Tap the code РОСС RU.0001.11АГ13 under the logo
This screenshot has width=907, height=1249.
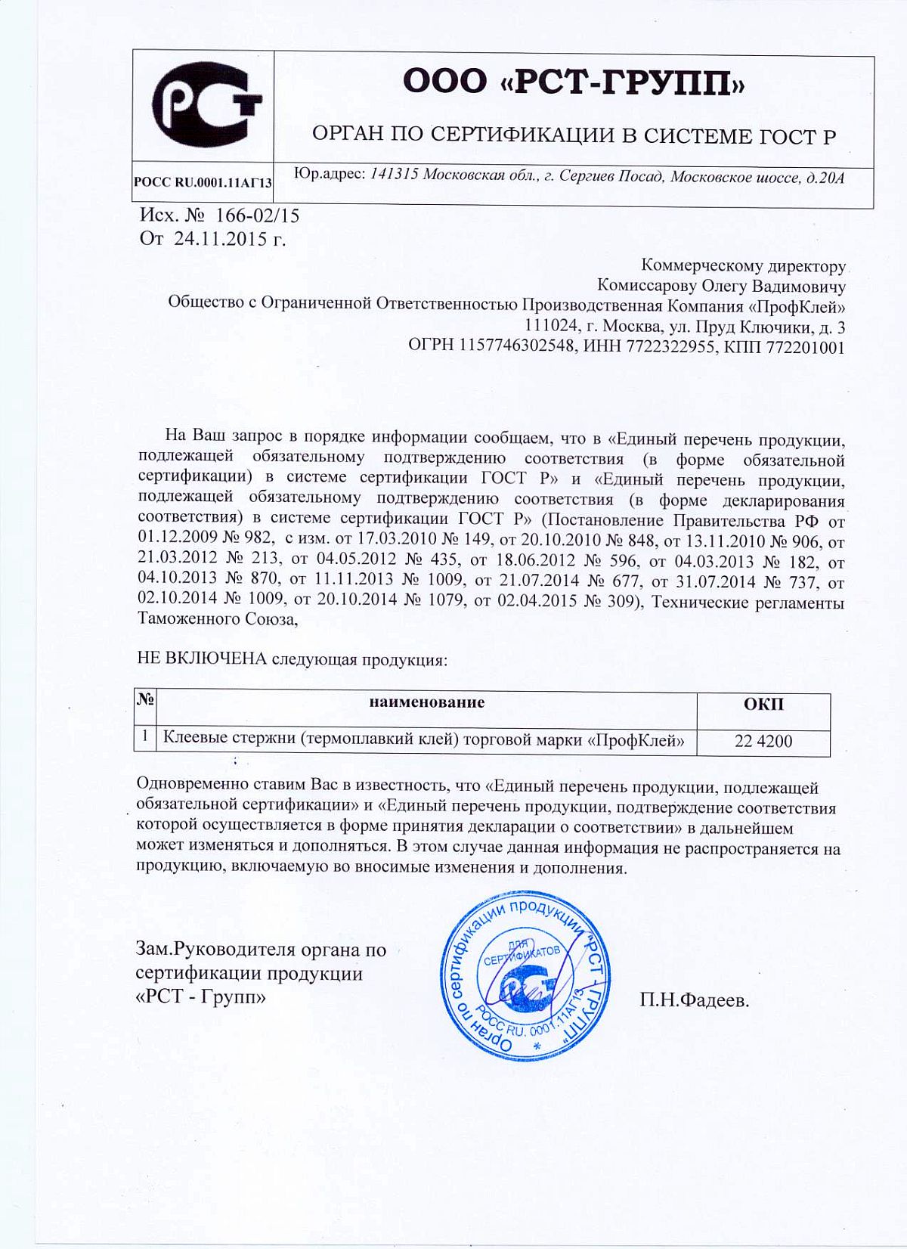203,182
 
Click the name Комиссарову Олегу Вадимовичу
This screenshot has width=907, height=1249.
721,287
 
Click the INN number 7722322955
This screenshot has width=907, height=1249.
672,347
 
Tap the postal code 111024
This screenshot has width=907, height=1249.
550,327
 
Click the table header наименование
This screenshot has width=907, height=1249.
427,702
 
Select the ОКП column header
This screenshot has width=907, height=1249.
763,705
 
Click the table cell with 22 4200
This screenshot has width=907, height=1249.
763,741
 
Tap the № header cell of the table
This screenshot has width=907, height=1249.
146,702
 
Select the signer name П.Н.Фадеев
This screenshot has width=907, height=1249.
695,1001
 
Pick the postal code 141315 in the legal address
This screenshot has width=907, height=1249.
395,177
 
